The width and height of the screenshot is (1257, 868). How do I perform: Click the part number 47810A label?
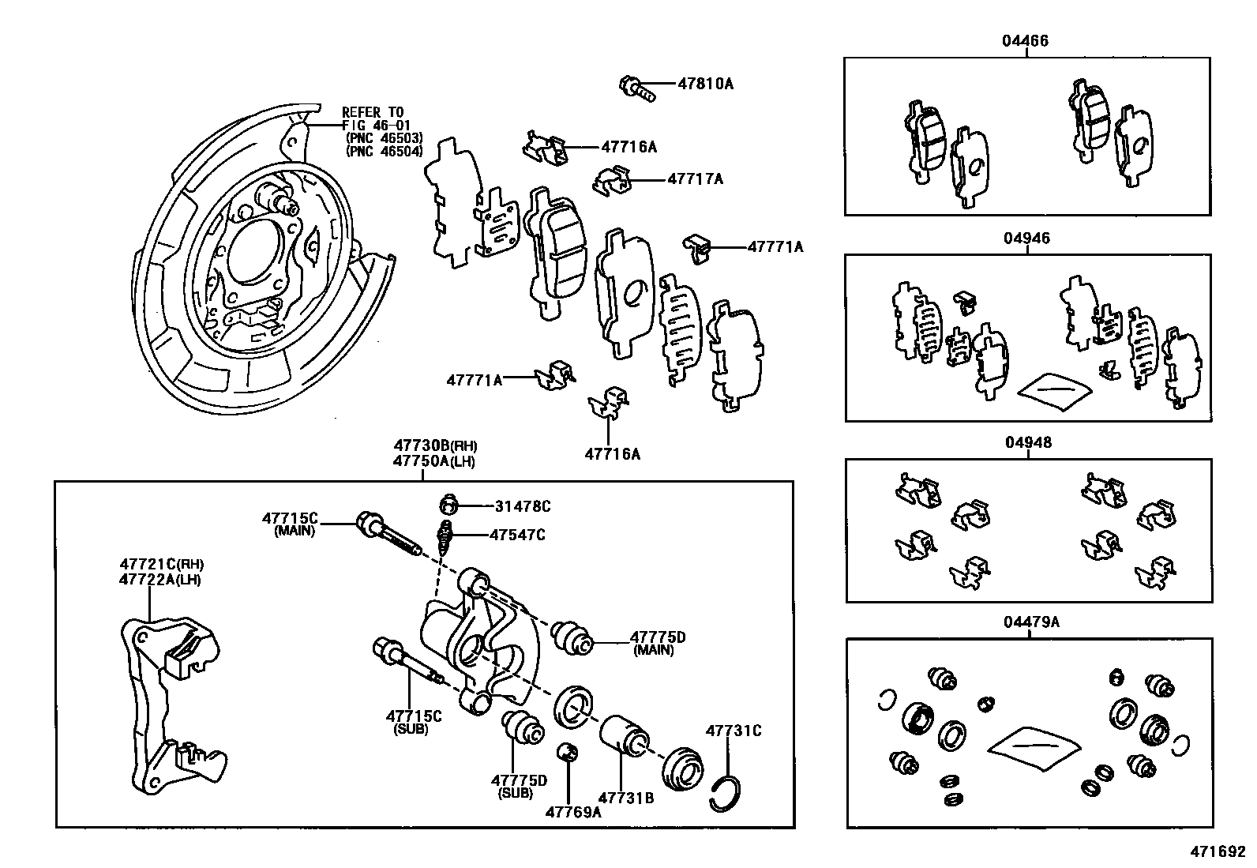tap(705, 83)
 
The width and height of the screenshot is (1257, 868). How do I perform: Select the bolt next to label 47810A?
tap(637, 87)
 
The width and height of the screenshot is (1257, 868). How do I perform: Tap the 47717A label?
tap(695, 179)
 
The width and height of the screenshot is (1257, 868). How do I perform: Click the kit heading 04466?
tap(1026, 41)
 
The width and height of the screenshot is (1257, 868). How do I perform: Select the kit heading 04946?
tap(1027, 239)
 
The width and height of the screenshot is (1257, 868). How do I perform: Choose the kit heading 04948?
tap(1028, 443)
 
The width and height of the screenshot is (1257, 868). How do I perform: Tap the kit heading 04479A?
tap(1031, 622)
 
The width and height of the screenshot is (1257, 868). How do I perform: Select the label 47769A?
tap(573, 811)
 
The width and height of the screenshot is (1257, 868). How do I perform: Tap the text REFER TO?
tap(372, 113)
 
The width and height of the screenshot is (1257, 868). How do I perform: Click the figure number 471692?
tap(1219, 853)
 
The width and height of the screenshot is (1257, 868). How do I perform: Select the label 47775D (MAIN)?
tap(657, 637)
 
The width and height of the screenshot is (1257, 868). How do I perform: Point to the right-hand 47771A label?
tap(775, 247)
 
